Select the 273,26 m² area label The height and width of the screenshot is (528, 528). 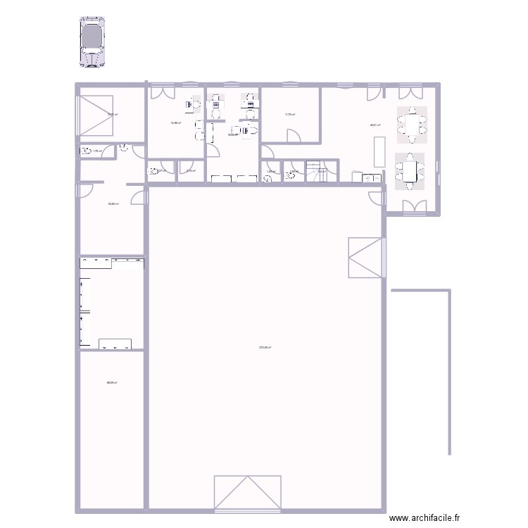[x=265, y=347]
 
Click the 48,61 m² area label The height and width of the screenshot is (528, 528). [x=375, y=126]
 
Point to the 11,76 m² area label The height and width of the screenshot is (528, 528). [x=289, y=115]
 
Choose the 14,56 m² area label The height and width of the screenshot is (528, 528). [x=175, y=122]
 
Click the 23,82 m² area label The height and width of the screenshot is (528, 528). [x=113, y=204]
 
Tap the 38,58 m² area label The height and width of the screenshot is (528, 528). [x=111, y=383]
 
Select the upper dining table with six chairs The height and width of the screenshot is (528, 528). [x=411, y=125]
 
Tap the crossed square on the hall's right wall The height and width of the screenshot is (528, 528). [x=365, y=258]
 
